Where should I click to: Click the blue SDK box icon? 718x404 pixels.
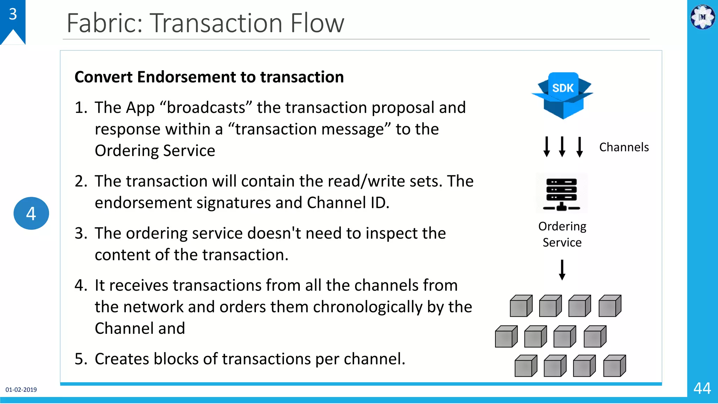point(562,95)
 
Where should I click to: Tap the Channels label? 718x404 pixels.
point(624,147)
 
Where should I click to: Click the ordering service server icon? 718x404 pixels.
point(561,193)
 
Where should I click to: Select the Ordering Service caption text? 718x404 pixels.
point(562,234)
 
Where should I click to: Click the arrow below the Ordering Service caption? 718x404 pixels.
point(562,269)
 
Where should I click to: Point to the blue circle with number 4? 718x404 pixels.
point(31,213)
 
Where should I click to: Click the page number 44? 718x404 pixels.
point(702,388)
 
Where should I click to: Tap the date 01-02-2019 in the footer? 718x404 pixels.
point(21,390)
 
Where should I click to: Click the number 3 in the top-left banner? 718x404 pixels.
point(13,14)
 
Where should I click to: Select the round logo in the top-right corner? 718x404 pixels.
point(702,17)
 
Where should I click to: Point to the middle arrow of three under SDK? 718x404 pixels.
point(562,147)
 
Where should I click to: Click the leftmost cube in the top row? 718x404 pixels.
point(521,306)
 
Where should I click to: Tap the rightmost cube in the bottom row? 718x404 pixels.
point(614,366)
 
